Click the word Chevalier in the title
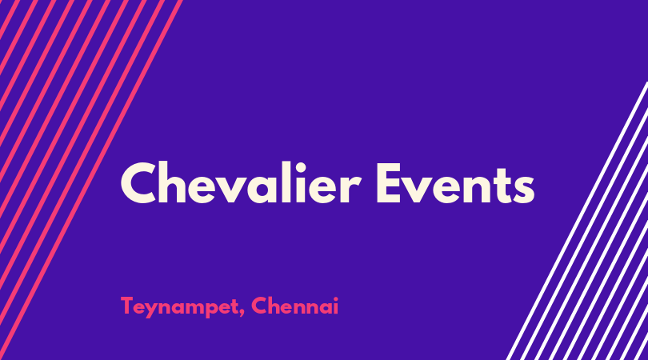click(241, 182)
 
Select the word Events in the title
click(455, 183)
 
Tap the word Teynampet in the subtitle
click(179, 307)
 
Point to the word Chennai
click(294, 306)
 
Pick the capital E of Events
click(389, 183)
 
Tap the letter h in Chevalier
click(176, 182)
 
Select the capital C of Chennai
click(260, 306)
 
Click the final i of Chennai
click(335, 306)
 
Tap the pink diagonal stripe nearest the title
click(91, 180)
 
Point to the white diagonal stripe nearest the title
click(578, 221)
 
